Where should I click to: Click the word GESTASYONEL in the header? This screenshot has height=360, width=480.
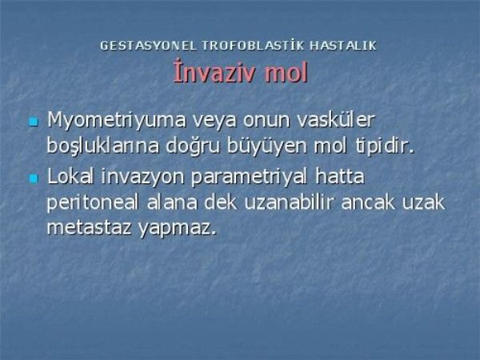tap(148, 46)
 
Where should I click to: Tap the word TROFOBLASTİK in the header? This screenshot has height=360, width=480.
tap(253, 46)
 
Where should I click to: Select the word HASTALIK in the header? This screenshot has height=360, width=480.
tap(343, 46)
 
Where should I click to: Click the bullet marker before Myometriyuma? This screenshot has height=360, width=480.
tap(34, 122)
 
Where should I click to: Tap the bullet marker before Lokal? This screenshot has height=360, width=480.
tap(34, 178)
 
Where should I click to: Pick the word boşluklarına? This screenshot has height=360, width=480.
tap(103, 146)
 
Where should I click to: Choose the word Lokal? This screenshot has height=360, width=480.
tap(70, 176)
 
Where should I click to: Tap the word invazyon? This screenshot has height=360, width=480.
tap(142, 178)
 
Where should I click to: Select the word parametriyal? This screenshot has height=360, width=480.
tap(249, 178)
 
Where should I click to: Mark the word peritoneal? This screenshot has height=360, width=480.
tap(93, 203)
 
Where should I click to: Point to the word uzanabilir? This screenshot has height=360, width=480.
tap(288, 202)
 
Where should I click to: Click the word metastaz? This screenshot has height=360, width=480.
tap(89, 228)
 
